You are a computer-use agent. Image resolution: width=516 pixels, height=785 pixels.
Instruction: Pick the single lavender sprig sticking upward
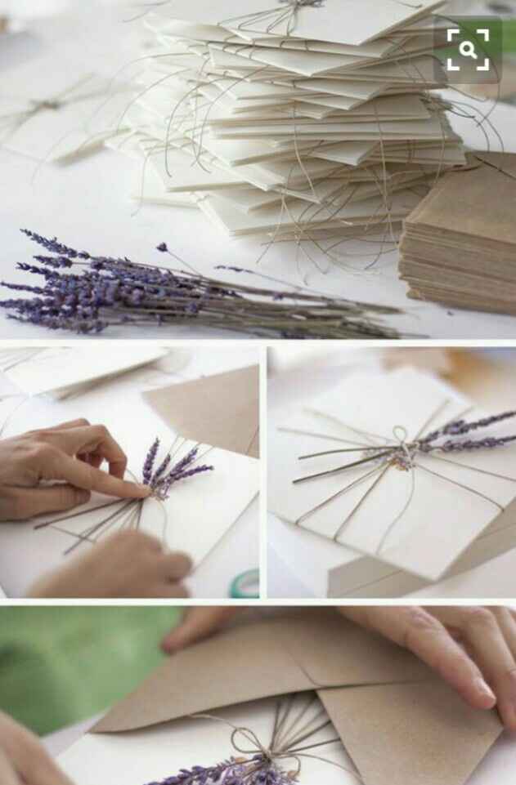[164, 247]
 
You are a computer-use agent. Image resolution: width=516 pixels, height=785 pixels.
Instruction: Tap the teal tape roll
[245, 582]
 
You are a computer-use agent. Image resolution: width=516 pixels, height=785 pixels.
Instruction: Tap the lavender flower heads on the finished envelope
[466, 433]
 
